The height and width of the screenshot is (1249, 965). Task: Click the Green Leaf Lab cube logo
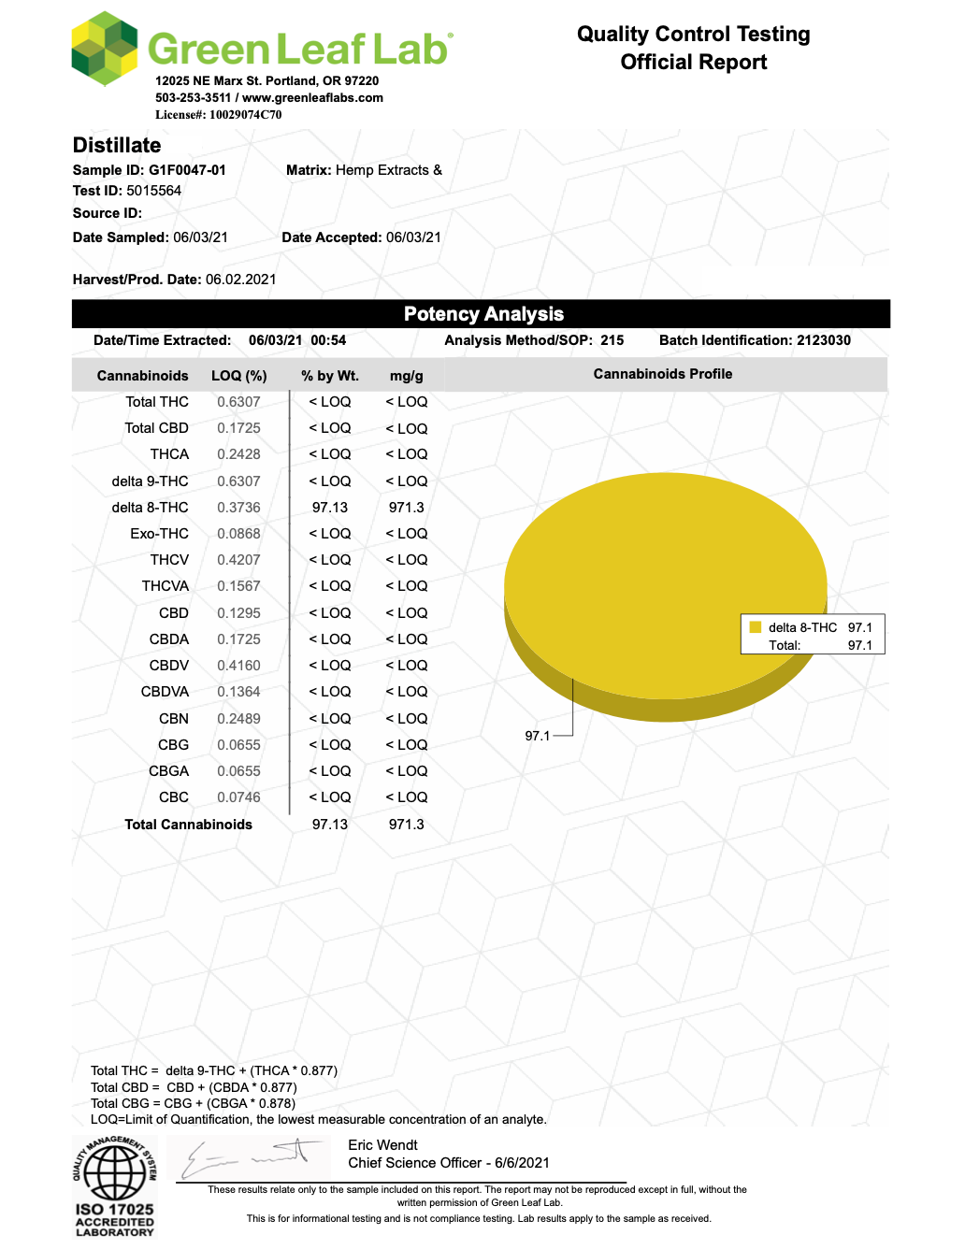(105, 49)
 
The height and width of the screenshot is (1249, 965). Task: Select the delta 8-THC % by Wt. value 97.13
(329, 508)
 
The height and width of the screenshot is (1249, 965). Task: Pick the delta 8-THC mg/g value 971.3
(406, 508)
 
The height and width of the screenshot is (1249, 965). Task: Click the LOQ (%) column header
(238, 376)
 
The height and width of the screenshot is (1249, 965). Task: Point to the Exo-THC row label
(159, 534)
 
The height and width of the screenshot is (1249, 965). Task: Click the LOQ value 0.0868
(238, 534)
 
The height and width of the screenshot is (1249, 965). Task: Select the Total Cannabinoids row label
(188, 825)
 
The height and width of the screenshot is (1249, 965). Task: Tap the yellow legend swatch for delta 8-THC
(756, 627)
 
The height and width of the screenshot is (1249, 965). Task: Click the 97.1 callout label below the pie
(537, 736)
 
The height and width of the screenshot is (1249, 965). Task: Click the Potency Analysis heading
(483, 314)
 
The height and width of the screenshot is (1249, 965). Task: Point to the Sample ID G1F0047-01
(187, 170)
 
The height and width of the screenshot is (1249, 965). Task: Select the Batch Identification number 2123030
(823, 340)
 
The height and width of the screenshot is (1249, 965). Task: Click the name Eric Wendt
(382, 1145)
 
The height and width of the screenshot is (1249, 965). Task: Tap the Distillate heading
(117, 145)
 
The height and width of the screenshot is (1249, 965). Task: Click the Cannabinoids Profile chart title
(662, 374)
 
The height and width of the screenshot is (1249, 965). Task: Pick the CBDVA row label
(165, 692)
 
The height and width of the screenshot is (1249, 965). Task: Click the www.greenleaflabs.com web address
(312, 97)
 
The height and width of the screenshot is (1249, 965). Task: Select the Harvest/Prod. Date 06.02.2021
(240, 280)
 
